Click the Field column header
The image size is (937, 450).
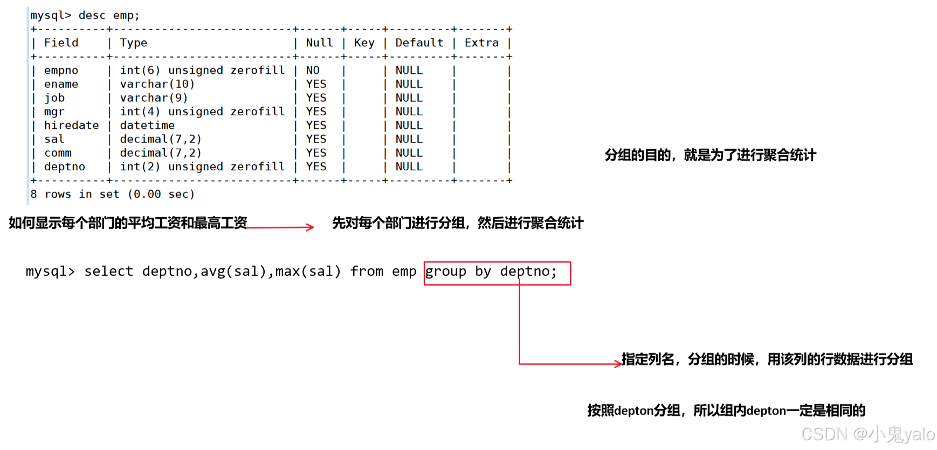point(61,43)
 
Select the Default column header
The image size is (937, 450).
point(419,43)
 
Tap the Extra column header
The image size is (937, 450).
point(481,43)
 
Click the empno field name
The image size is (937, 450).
point(61,71)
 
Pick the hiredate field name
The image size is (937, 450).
point(71,126)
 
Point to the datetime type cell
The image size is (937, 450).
point(147,126)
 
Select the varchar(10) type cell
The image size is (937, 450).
point(157,84)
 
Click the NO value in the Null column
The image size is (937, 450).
point(313,71)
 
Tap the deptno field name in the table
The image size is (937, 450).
point(64,167)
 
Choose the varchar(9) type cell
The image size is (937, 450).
point(154,98)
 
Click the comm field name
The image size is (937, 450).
point(58,153)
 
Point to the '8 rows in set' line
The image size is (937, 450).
point(112,194)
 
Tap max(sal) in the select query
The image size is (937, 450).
point(308,271)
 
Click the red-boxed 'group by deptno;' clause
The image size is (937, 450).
point(497,273)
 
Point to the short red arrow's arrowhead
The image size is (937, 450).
point(310,227)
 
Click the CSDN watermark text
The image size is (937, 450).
point(867,434)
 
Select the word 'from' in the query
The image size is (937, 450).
point(367,271)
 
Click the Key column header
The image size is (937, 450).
point(364,43)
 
